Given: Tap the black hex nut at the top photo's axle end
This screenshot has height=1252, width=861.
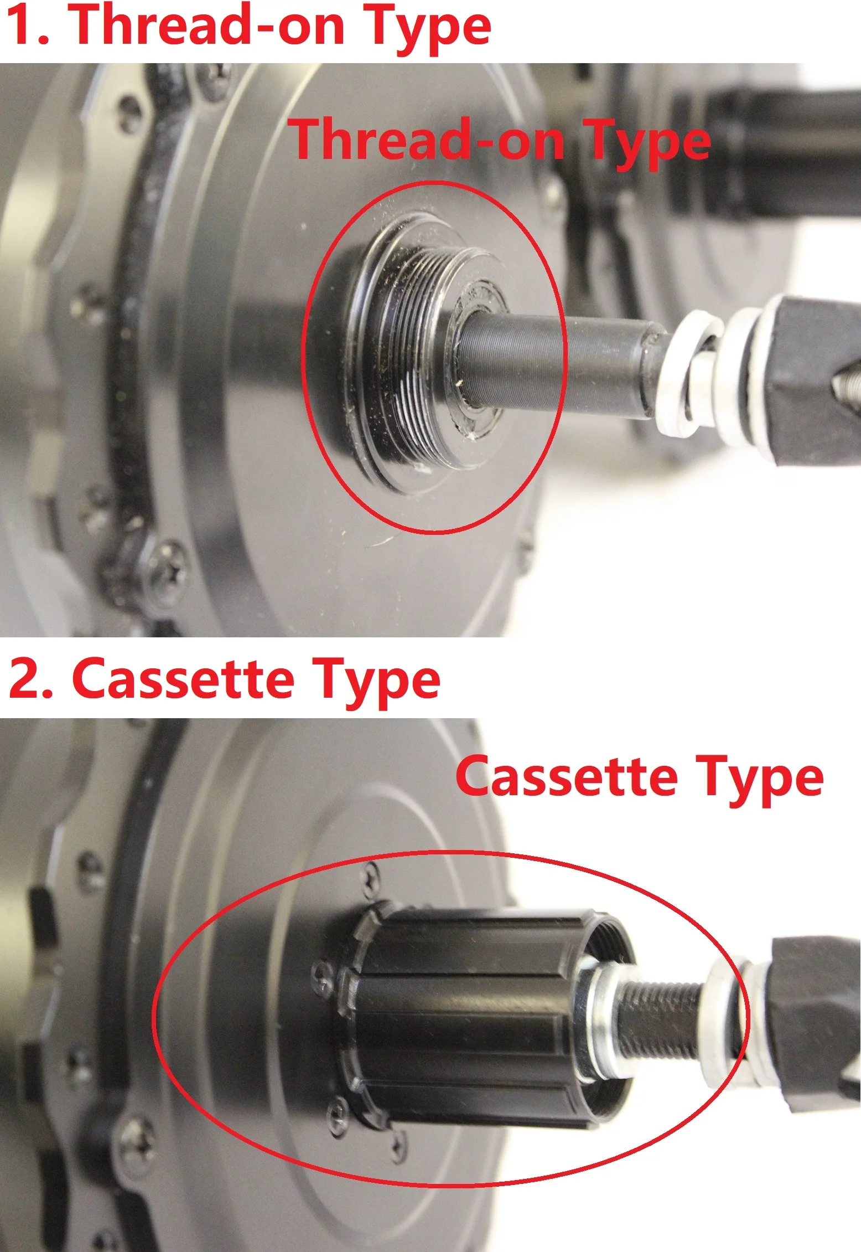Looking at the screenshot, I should [x=813, y=382].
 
